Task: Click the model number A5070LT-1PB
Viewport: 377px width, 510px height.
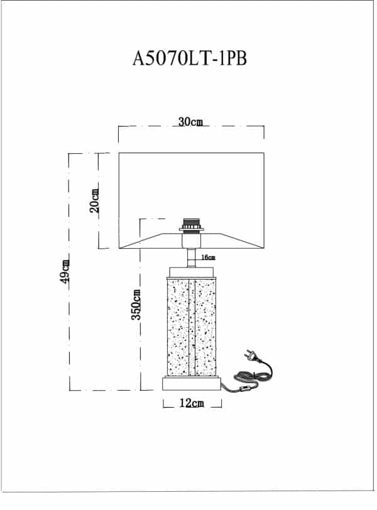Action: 190,58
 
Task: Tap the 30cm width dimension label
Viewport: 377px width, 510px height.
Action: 190,122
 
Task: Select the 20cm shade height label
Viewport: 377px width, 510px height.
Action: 94,201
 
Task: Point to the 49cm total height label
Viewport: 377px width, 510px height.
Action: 65,271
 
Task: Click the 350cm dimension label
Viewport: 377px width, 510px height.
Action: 136,305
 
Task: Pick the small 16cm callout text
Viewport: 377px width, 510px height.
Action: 208,258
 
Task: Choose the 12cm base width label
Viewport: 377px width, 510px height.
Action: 192,403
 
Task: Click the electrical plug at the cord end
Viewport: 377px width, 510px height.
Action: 252,355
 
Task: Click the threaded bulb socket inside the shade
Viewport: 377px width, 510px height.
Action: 192,225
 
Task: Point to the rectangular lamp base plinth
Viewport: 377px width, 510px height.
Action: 192,384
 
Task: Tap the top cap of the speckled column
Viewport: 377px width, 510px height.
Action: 191,272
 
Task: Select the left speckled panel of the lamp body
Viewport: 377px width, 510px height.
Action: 178,327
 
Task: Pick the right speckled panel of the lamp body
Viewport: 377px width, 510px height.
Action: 205,327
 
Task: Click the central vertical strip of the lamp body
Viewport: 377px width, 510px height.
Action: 192,327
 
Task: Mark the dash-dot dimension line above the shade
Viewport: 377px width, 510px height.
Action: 191,126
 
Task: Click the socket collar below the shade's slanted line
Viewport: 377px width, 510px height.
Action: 192,241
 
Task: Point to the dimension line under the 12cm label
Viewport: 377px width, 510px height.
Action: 192,407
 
